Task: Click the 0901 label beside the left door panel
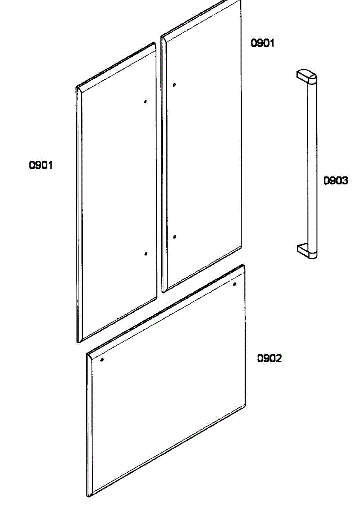click(41, 165)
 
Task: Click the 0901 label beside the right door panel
click(263, 43)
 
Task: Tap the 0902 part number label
click(269, 358)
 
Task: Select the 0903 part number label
click(336, 180)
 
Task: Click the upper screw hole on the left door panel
click(145, 102)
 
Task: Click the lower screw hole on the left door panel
click(146, 253)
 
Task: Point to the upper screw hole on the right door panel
click(174, 85)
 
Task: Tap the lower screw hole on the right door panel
click(175, 236)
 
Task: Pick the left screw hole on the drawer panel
click(102, 360)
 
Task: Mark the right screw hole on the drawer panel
click(235, 284)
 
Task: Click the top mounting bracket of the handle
click(306, 76)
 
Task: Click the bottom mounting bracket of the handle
click(307, 251)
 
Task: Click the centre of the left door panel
click(116, 192)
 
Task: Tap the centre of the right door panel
click(202, 146)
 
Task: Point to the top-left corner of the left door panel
click(76, 87)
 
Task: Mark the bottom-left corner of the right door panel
click(163, 292)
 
